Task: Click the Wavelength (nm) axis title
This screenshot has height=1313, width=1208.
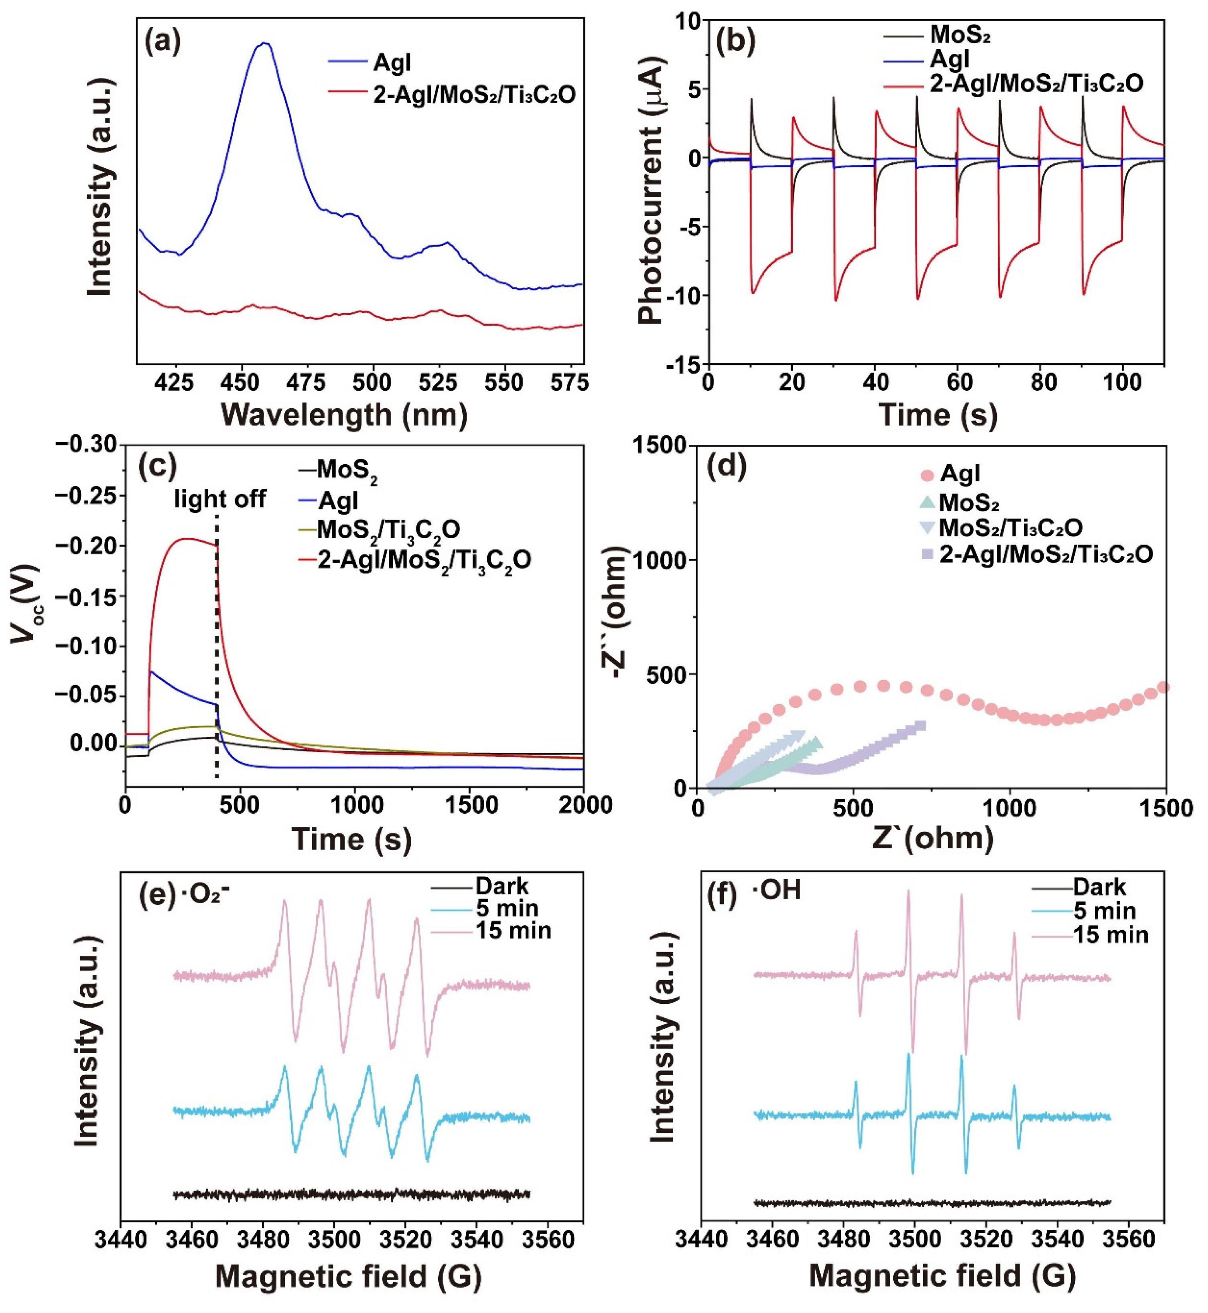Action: pos(345,415)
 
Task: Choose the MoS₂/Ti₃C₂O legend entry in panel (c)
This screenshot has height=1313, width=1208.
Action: pos(388,530)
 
